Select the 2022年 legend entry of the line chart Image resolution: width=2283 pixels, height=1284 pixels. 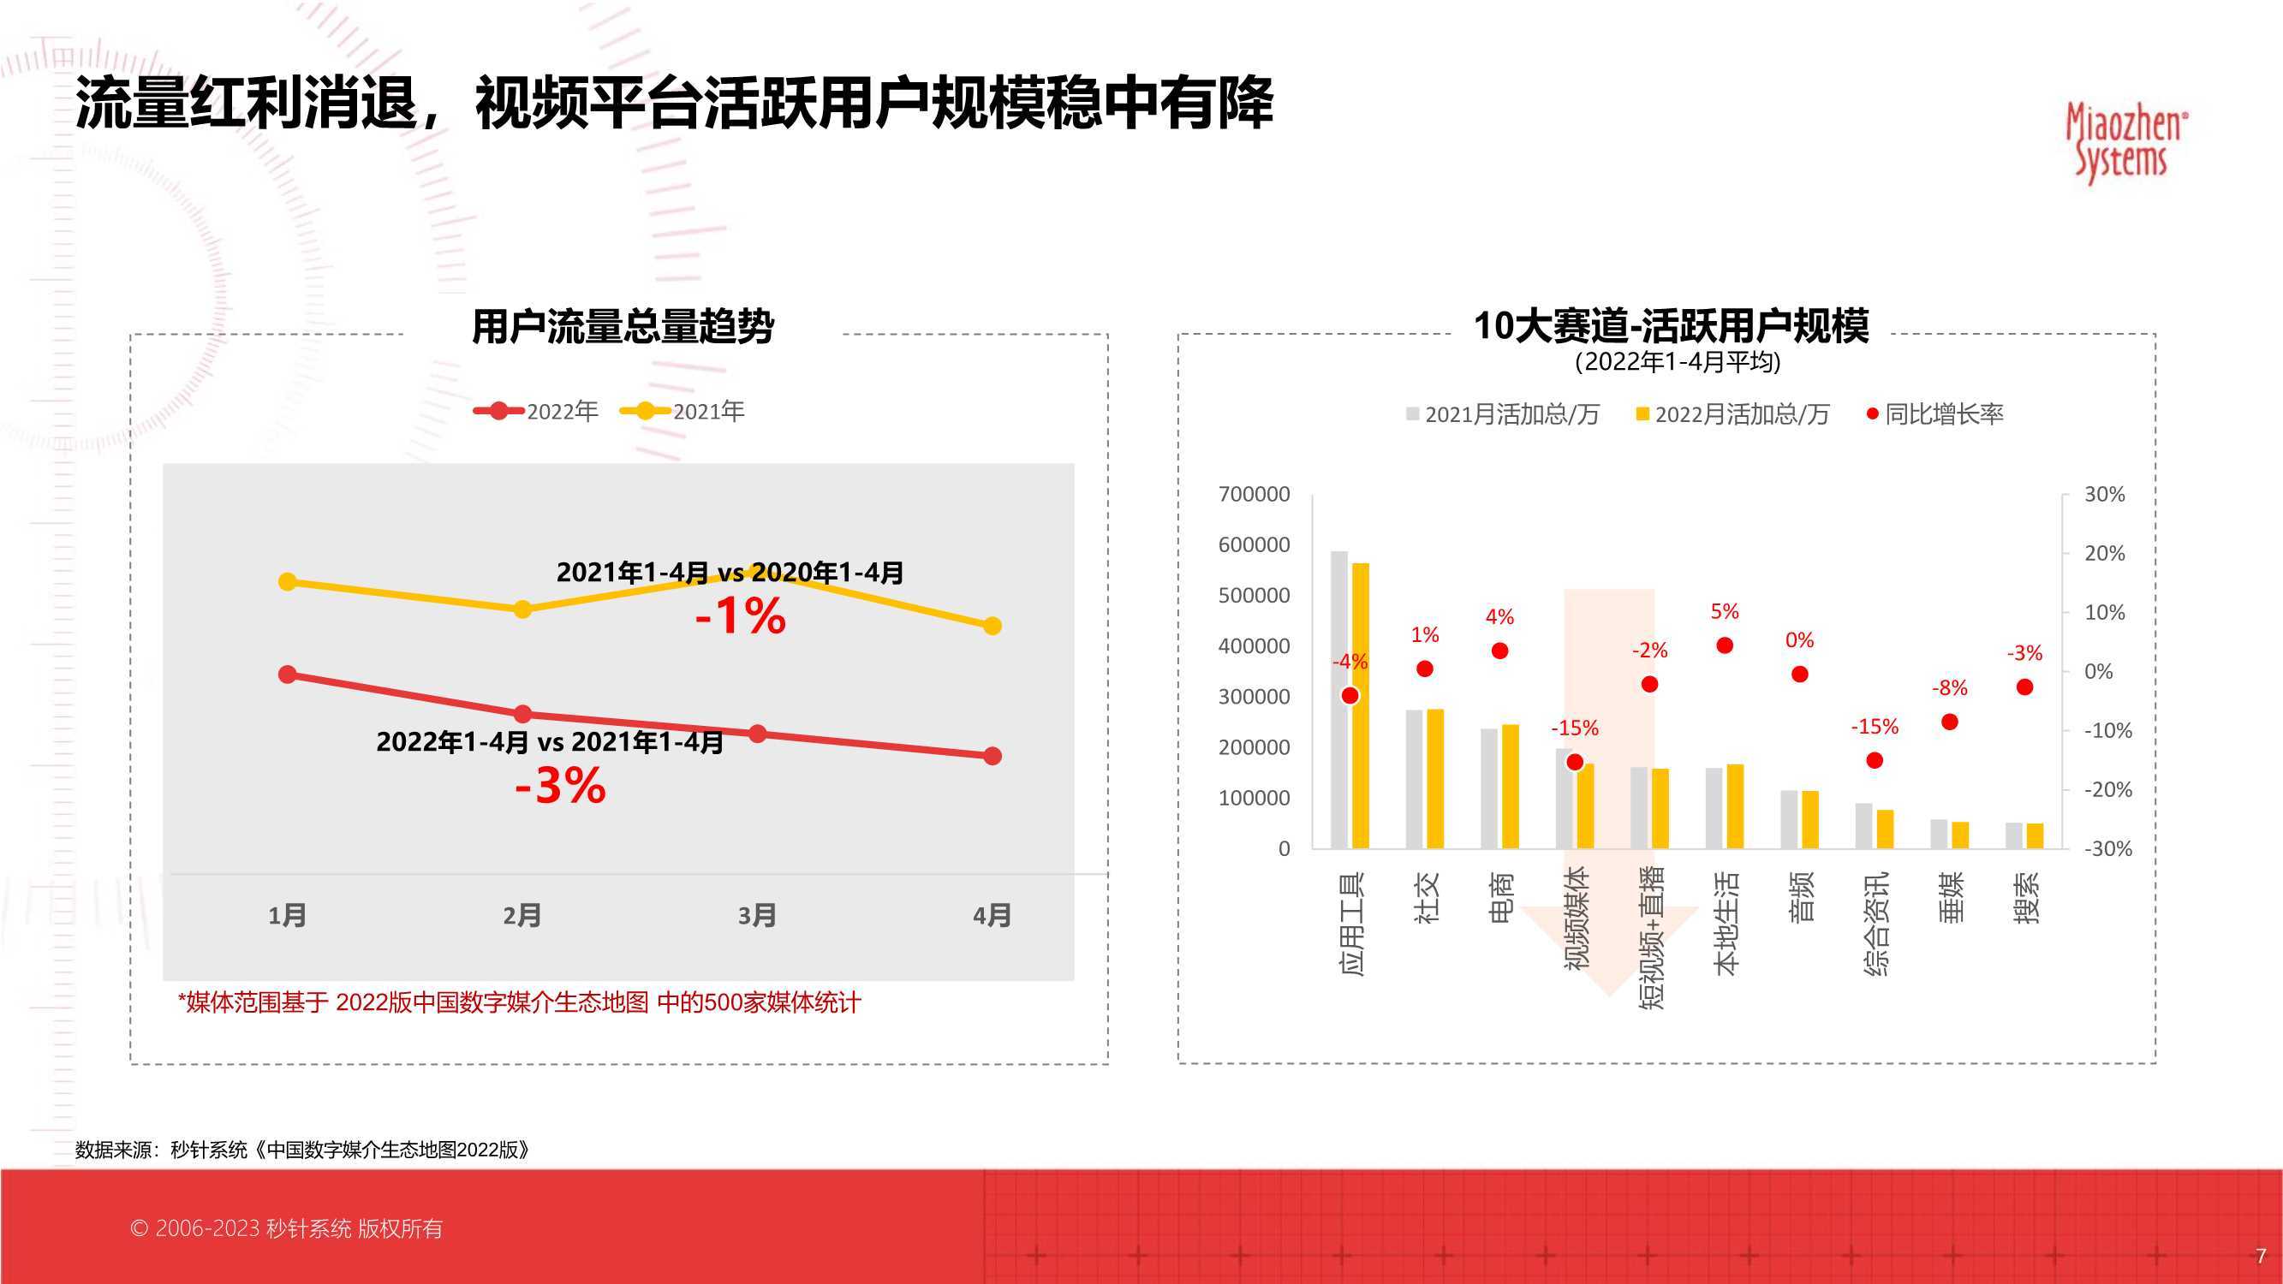pyautogui.click(x=536, y=411)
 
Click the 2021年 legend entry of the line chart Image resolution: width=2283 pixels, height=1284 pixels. pyautogui.click(x=683, y=411)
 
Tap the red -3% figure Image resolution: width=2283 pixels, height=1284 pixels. pyautogui.click(x=560, y=785)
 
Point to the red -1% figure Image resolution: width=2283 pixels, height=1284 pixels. pyautogui.click(x=740, y=615)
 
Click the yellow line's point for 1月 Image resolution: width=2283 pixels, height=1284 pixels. pyautogui.click(x=287, y=581)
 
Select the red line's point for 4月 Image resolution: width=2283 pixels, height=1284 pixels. pyautogui.click(x=992, y=756)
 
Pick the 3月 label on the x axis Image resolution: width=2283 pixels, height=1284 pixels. pyautogui.click(x=757, y=915)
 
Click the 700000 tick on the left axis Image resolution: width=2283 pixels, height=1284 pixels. pyautogui.click(x=1254, y=495)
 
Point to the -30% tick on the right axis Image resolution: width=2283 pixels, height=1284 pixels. pyautogui.click(x=2107, y=849)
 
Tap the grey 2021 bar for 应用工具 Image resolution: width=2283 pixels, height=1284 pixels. pyautogui.click(x=1339, y=700)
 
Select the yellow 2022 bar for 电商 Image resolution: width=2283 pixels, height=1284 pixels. pyautogui.click(x=1511, y=787)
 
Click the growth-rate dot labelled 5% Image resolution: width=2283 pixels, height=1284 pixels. pyautogui.click(x=1725, y=645)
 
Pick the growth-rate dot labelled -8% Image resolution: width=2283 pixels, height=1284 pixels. pyautogui.click(x=1950, y=722)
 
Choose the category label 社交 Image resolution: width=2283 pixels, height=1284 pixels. pyautogui.click(x=1427, y=898)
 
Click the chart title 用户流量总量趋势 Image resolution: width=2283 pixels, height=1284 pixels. pyautogui.click(x=623, y=327)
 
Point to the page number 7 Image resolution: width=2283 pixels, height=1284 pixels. pyautogui.click(x=2261, y=1256)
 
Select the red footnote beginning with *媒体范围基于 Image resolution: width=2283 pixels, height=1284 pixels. pyautogui.click(x=519, y=1003)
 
